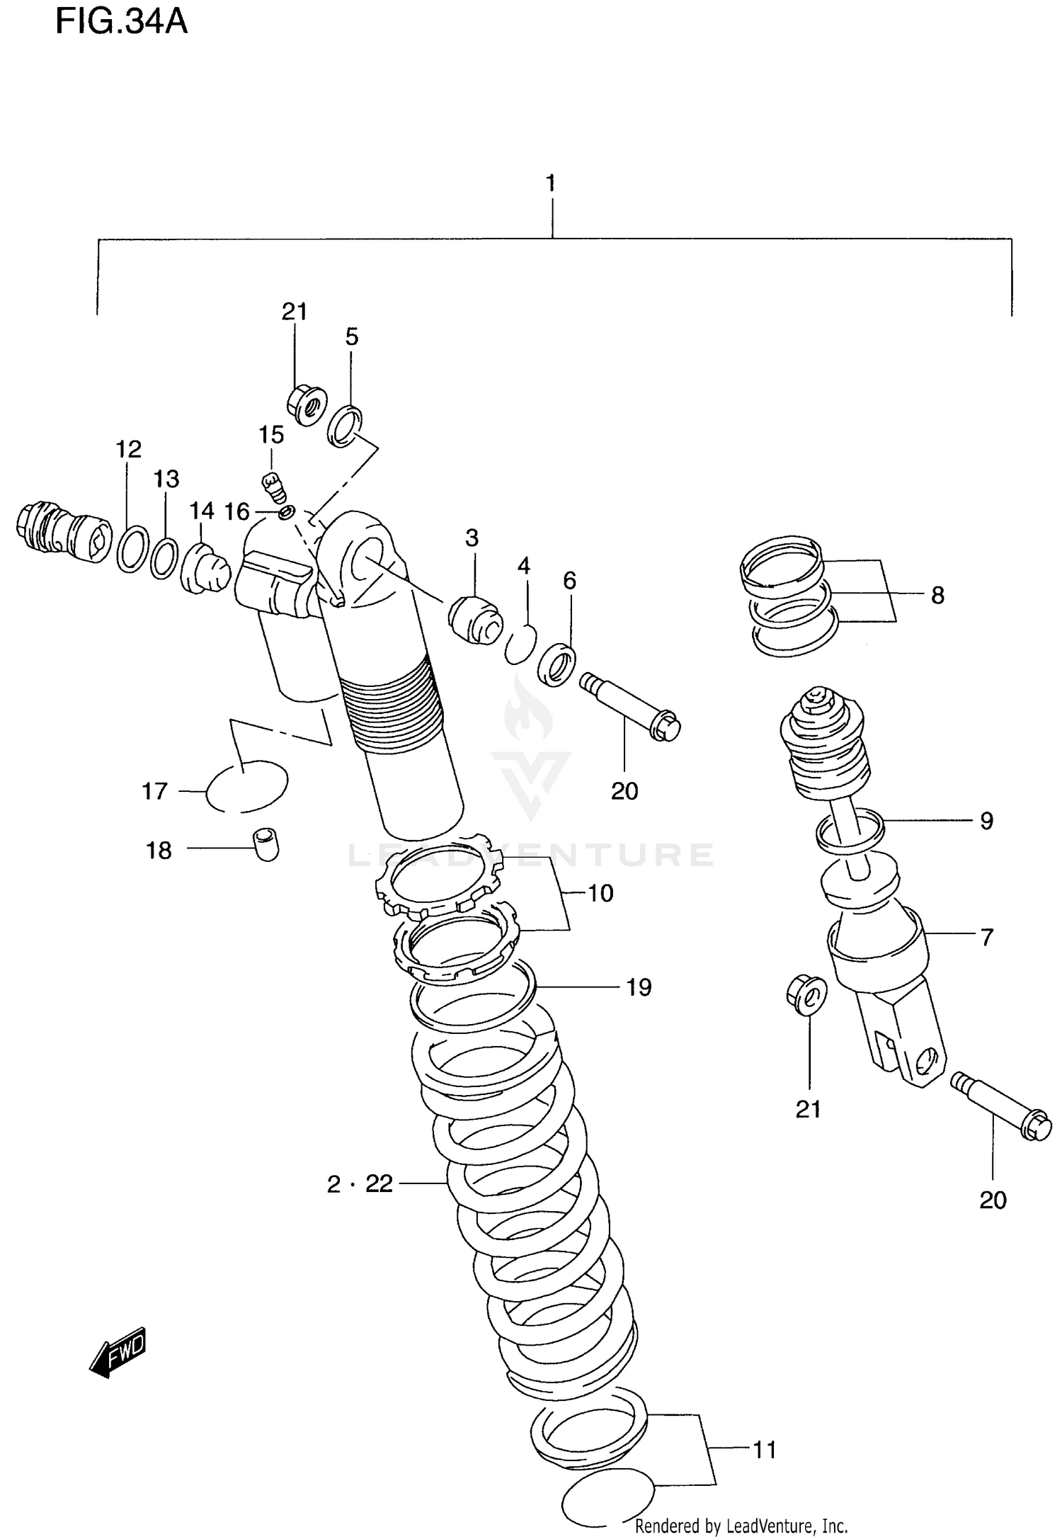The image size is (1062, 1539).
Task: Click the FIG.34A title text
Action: click(122, 23)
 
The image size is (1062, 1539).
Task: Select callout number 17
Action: click(154, 791)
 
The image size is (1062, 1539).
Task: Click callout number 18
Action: click(159, 851)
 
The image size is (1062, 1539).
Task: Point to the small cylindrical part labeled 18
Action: click(266, 844)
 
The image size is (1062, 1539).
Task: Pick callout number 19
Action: click(639, 987)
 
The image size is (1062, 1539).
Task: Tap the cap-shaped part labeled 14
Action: click(205, 568)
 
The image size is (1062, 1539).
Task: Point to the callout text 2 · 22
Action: click(360, 1183)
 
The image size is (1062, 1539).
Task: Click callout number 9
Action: click(986, 821)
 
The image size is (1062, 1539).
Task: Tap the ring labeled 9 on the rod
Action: click(850, 831)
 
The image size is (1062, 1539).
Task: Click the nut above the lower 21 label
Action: click(806, 995)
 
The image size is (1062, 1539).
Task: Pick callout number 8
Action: click(937, 596)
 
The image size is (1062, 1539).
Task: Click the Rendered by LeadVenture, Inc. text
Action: click(741, 1526)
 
